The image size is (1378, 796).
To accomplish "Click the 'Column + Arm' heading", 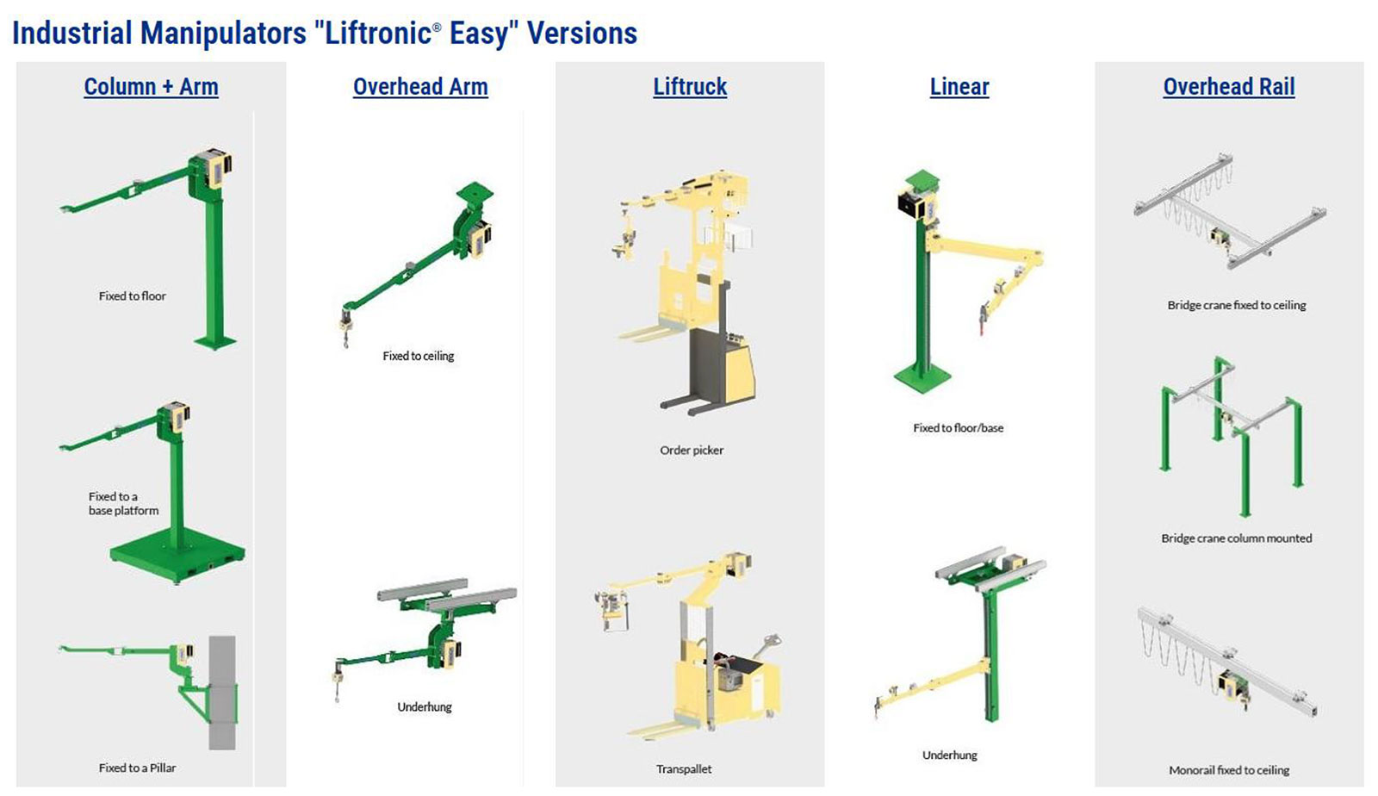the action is (x=151, y=87).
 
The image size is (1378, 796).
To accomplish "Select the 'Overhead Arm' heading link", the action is (x=420, y=87).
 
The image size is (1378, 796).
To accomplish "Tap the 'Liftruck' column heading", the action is (x=690, y=87).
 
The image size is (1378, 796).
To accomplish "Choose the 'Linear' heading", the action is (x=959, y=87).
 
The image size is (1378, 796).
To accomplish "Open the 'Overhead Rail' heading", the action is (x=1228, y=87).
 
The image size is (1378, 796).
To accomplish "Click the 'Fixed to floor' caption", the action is (x=133, y=295).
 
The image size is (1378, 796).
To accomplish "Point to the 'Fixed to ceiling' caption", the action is (x=419, y=356).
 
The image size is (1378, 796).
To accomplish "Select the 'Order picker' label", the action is (x=692, y=451).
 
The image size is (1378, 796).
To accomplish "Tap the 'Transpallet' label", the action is (x=684, y=769).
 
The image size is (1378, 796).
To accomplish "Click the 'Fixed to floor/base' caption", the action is (x=958, y=428).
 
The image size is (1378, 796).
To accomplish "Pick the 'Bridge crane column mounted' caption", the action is (x=1237, y=538).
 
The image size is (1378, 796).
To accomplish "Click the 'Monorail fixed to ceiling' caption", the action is (x=1229, y=770).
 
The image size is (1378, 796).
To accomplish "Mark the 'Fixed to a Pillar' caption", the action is (x=137, y=768).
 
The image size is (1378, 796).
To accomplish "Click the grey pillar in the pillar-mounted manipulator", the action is (x=222, y=693).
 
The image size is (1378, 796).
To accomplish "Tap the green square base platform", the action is (x=177, y=556).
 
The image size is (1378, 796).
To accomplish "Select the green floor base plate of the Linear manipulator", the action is (x=922, y=375).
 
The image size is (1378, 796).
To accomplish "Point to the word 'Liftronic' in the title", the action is (x=378, y=34).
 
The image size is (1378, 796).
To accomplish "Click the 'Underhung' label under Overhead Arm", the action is (x=425, y=707).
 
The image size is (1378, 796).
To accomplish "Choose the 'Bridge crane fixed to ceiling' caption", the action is (x=1237, y=305).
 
